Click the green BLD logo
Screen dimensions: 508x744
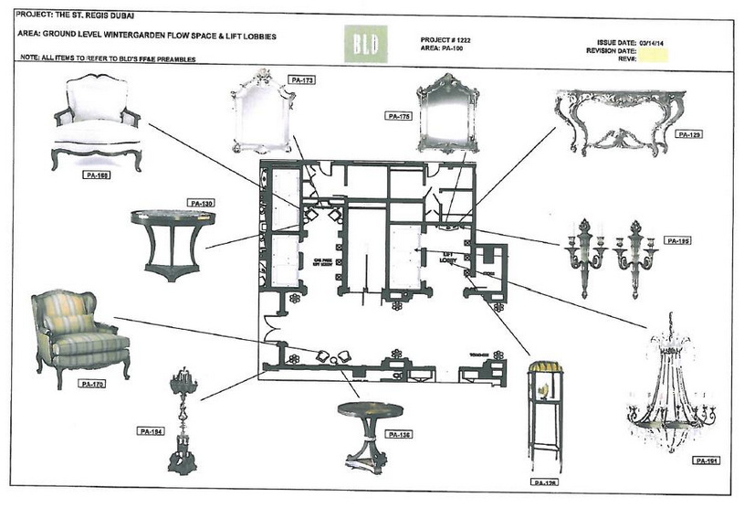click(x=369, y=44)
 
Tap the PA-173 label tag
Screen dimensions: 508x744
click(x=302, y=81)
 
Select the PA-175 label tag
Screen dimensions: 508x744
click(x=399, y=117)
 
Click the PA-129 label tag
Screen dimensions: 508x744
click(x=688, y=134)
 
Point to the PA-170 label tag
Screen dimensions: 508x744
click(x=93, y=384)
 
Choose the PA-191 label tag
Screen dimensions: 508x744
click(x=706, y=460)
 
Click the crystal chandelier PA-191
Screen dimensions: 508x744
click(x=670, y=393)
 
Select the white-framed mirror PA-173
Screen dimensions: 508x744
click(x=264, y=111)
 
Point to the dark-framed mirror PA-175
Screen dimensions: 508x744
click(x=448, y=113)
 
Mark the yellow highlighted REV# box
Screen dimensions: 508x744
click(x=654, y=57)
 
